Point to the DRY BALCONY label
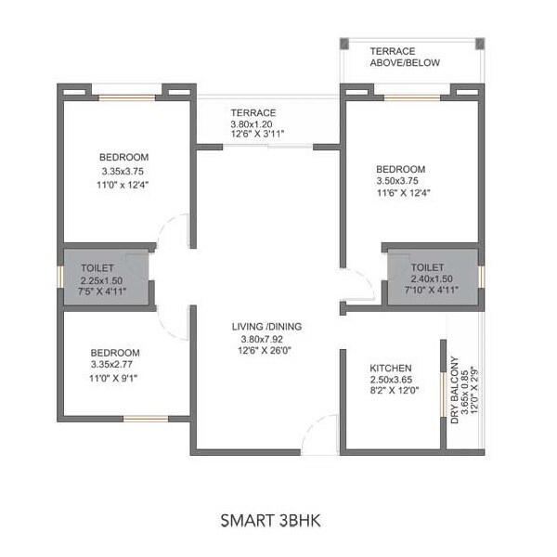(456, 390)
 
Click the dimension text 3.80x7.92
(266, 339)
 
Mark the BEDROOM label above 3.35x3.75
(123, 158)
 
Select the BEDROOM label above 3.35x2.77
(115, 353)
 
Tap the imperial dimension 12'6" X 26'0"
(266, 351)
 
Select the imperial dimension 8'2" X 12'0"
(395, 391)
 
